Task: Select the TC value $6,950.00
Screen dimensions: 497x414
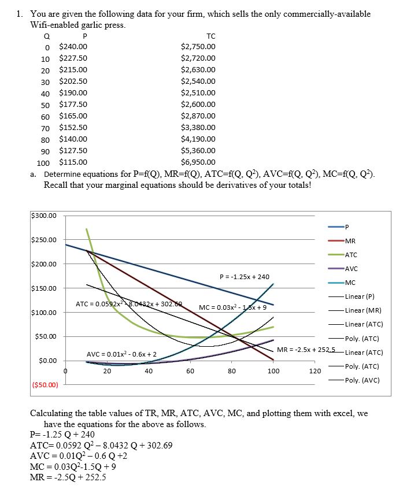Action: tap(198, 162)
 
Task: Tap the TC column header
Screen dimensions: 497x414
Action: tap(210, 36)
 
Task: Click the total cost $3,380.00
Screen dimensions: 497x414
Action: tap(198, 127)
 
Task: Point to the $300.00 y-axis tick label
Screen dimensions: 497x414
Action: tap(44, 216)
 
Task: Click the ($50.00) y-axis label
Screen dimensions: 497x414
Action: tap(44, 384)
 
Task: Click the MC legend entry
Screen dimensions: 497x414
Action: tap(350, 283)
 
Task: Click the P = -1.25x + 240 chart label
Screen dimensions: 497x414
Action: tap(245, 277)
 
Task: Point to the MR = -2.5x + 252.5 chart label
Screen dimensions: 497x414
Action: tap(306, 349)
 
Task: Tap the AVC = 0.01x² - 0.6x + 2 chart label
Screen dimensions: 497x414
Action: tap(121, 354)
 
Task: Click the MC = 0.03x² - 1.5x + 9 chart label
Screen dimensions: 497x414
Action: tap(232, 307)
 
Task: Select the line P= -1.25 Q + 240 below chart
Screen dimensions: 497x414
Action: tap(62, 435)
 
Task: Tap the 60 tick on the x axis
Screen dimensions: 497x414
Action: tap(190, 371)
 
